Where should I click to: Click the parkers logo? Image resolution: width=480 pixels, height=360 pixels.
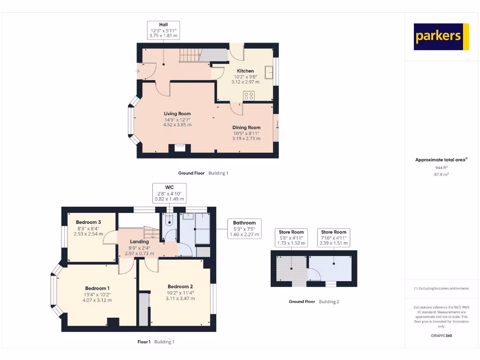[x=441, y=37]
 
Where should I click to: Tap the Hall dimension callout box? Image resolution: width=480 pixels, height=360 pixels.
[x=163, y=30]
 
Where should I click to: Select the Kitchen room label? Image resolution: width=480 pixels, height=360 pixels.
[x=245, y=71]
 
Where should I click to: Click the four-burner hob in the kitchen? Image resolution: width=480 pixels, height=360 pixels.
[x=249, y=96]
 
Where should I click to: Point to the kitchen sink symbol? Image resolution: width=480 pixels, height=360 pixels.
[x=270, y=73]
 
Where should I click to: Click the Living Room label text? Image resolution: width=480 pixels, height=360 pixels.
[x=177, y=113]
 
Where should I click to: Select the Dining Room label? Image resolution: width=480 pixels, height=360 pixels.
[x=246, y=127]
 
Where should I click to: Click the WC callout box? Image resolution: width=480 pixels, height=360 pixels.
[x=170, y=193]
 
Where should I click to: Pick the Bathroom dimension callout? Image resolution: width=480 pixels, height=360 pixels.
[x=244, y=228]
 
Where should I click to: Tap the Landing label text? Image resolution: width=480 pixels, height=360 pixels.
[x=139, y=242]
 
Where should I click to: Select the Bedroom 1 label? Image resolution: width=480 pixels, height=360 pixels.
[x=97, y=288]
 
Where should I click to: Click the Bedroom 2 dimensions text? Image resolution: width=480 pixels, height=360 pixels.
[x=180, y=296]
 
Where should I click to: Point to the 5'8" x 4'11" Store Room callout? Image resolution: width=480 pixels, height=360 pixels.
[x=291, y=238]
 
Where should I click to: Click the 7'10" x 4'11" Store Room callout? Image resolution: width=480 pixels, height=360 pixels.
[x=334, y=238]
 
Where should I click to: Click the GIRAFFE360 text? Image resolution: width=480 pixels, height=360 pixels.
[x=441, y=336]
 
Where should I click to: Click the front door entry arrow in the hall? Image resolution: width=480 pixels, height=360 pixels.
[x=137, y=71]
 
